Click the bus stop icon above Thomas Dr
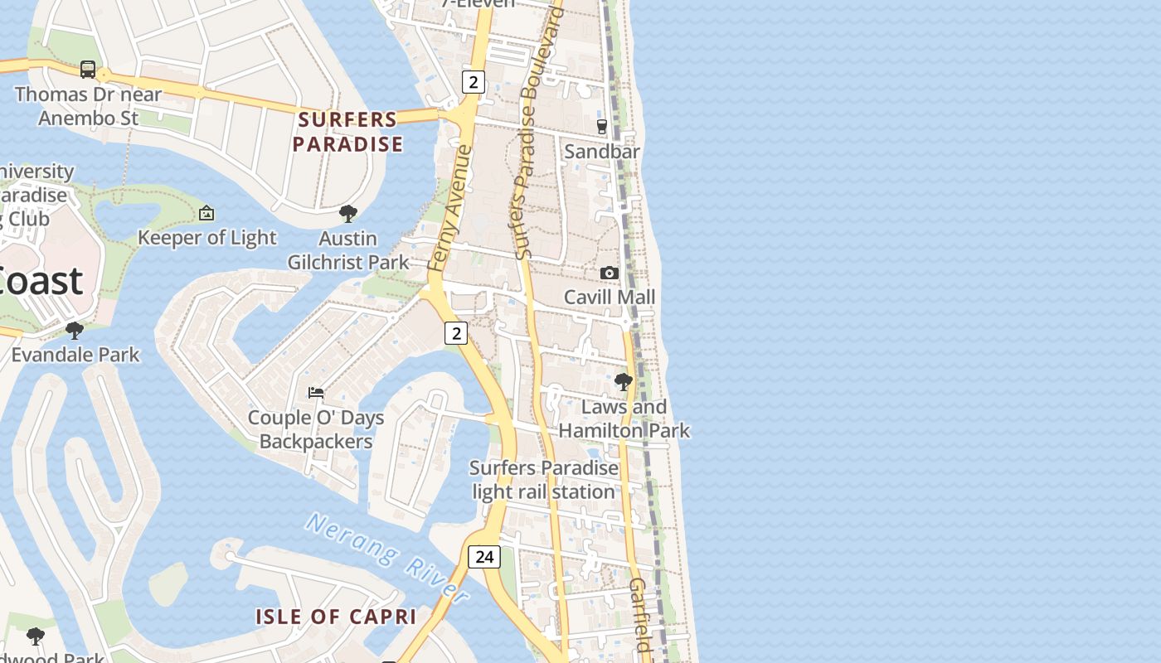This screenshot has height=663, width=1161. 88,70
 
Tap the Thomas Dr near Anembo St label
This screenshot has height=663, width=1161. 88,106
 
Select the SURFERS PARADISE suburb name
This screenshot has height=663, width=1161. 347,132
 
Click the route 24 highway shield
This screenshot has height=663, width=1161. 484,557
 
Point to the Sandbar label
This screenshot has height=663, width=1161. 602,152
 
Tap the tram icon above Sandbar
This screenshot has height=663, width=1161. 602,127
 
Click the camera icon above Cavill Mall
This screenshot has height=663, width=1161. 610,273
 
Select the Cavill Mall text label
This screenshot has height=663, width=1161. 610,298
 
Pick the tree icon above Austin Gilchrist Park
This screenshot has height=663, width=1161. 348,214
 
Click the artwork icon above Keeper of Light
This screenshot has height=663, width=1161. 206,214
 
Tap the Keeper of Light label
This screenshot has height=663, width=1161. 206,238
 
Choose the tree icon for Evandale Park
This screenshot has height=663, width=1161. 75,331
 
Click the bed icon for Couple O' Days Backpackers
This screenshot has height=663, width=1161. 316,393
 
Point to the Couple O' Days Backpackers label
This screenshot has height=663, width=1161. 316,429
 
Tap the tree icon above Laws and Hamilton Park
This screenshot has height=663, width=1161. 623,382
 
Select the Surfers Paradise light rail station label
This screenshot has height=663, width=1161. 544,480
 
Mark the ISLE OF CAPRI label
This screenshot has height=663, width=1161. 335,617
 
